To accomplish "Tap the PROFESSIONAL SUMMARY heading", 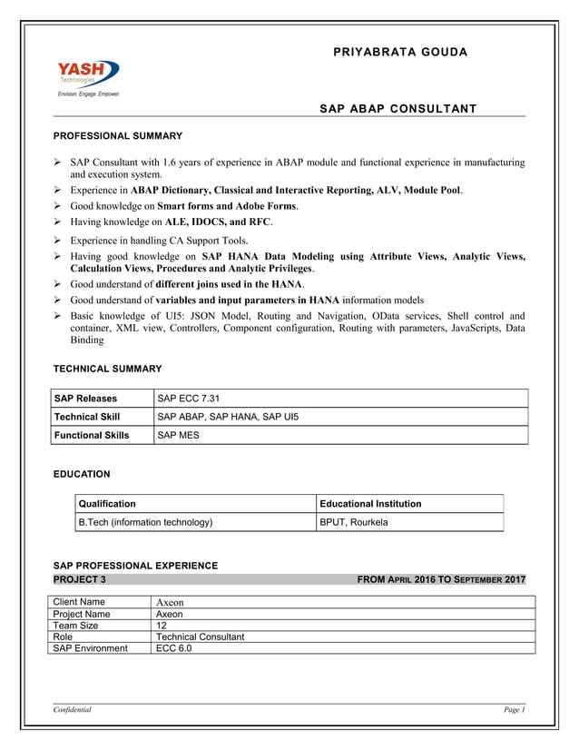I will pos(118,136).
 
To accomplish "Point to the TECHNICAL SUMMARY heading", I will pos(107,369).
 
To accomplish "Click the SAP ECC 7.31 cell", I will pos(189,399).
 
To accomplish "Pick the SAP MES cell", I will pos(179,435).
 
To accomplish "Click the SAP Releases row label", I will pos(85,399).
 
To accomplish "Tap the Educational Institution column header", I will pos(370,503).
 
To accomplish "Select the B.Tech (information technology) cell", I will pos(146,522).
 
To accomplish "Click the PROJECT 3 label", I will pos(80,579).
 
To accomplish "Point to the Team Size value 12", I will pos(162,626).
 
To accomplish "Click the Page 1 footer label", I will pos(514,710).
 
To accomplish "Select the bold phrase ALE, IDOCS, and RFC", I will pos(218,221).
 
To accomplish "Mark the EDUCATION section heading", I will pos(82,474).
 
